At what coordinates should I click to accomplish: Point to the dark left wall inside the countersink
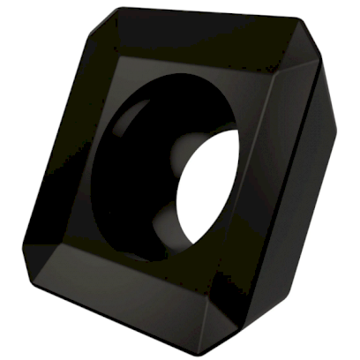tap(106, 176)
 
